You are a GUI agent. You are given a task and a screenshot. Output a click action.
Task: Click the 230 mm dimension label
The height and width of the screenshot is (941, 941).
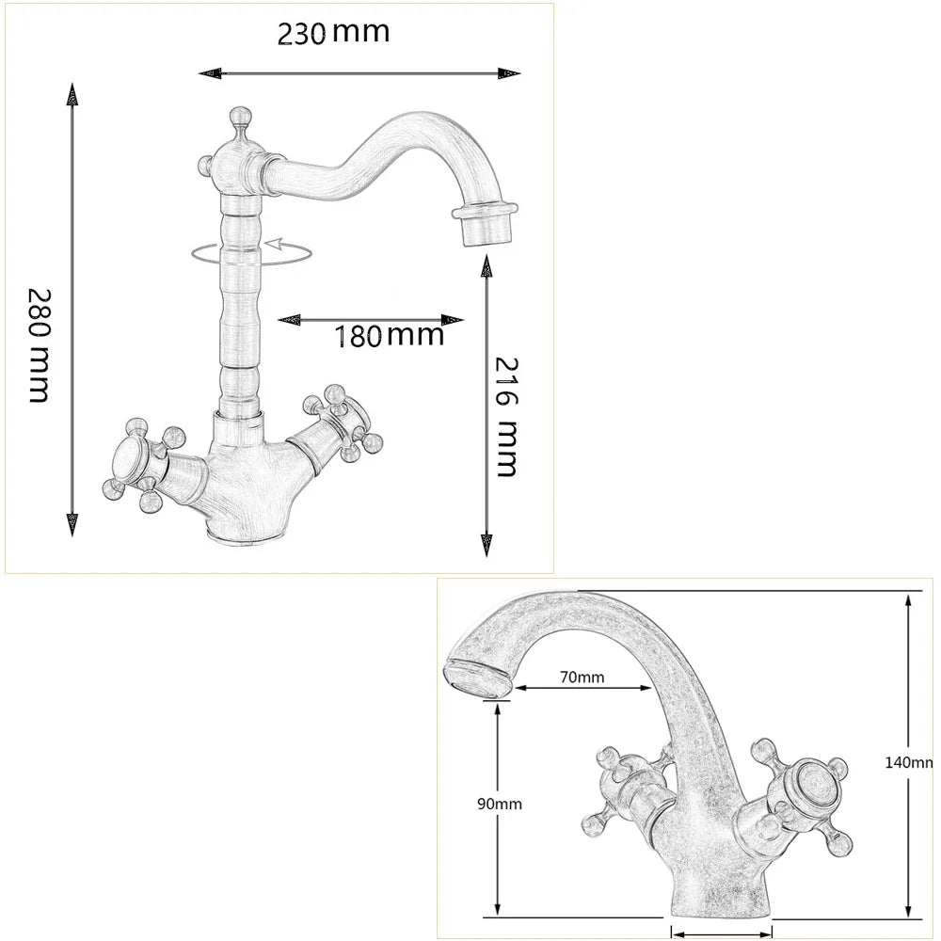(x=332, y=33)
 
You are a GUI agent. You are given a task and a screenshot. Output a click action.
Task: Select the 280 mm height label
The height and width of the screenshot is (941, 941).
(x=39, y=345)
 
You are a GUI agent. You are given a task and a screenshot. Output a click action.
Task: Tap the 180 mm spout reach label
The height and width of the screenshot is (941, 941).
(x=389, y=335)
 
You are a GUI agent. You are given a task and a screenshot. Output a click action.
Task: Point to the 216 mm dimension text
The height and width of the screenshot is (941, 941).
(x=507, y=416)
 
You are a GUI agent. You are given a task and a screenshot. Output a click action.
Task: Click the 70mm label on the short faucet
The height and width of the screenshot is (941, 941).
(x=581, y=677)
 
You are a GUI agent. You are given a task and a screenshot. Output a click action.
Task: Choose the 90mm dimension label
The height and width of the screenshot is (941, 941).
(x=499, y=804)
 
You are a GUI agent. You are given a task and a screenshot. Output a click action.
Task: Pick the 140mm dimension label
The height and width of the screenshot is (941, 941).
(x=909, y=762)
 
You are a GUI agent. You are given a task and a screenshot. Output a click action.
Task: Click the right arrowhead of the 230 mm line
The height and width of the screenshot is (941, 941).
(x=510, y=73)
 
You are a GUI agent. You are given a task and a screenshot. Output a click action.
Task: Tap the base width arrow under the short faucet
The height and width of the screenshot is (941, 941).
(x=721, y=932)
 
